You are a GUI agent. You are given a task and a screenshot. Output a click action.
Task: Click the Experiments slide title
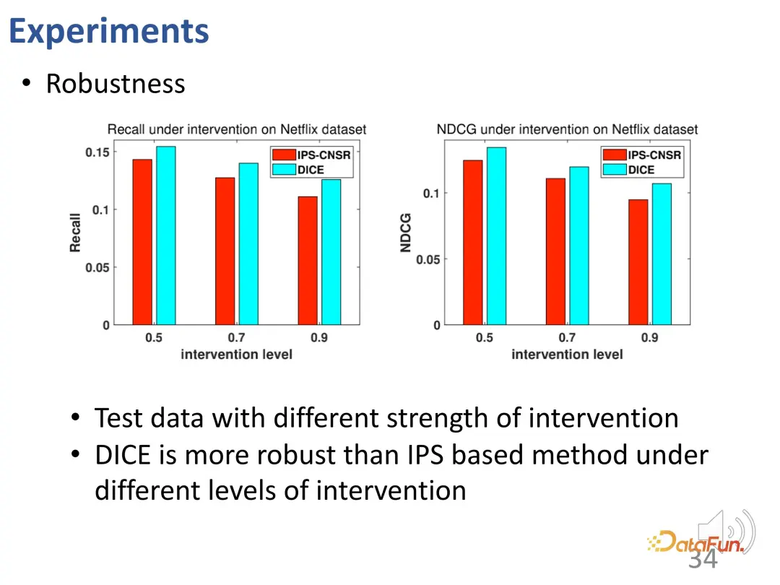click(x=109, y=31)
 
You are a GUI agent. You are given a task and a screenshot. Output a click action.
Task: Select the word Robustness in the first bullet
click(x=116, y=84)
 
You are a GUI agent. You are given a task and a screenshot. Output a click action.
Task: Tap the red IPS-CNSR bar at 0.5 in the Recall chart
click(x=142, y=242)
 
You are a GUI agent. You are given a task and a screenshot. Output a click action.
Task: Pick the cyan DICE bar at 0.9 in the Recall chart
click(x=331, y=252)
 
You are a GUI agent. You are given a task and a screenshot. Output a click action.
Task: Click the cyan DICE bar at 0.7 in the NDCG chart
click(x=578, y=246)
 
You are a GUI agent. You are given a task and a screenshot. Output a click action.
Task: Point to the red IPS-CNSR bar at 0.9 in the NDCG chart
click(x=638, y=262)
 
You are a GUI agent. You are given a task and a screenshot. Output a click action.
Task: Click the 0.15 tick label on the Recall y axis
click(x=97, y=152)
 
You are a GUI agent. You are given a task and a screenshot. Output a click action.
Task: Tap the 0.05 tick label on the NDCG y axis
click(x=427, y=259)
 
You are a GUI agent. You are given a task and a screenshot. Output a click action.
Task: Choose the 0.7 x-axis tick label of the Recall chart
click(x=236, y=338)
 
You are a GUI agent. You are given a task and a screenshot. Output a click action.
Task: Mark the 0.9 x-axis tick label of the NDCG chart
click(x=649, y=338)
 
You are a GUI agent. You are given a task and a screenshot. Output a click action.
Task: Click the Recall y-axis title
click(x=75, y=233)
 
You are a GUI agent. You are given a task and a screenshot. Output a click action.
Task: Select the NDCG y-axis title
click(x=406, y=233)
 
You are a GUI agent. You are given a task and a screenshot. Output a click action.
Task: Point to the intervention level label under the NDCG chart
click(x=567, y=355)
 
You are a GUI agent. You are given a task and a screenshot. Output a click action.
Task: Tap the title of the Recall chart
click(x=237, y=129)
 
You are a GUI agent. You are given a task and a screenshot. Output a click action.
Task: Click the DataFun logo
click(x=695, y=542)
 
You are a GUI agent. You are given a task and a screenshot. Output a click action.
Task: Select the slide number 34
click(x=703, y=559)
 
